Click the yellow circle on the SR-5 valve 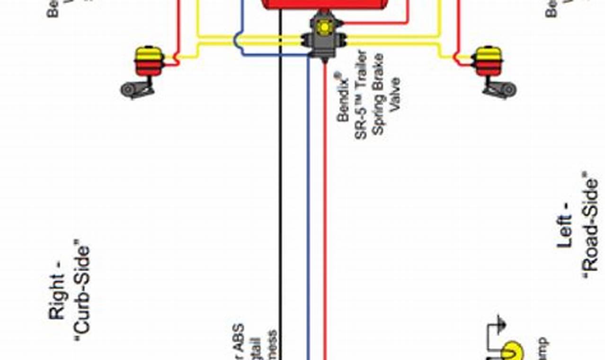click(324, 27)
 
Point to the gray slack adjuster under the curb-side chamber click(137, 89)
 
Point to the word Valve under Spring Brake click(395, 94)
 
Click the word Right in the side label click(57, 297)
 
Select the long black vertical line click(280, 189)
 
